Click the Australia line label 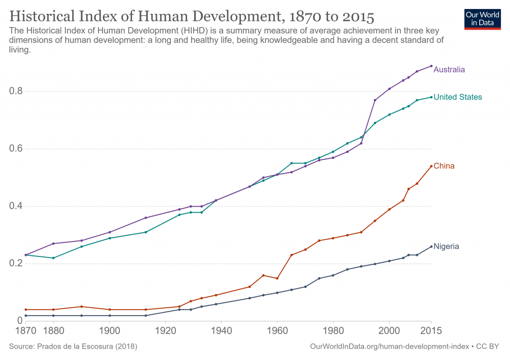click(449, 70)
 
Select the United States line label click(458, 97)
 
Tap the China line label click(444, 166)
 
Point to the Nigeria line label click(446, 246)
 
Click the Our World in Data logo click(482, 19)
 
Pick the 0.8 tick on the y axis click(16, 91)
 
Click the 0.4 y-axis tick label click(16, 206)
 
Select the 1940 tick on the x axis click(222, 331)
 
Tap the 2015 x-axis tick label click(431, 331)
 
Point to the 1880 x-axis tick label click(54, 331)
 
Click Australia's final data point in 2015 click(431, 66)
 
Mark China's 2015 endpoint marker click(431, 166)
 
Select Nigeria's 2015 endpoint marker click(431, 246)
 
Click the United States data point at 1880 click(53, 258)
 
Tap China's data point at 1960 click(277, 278)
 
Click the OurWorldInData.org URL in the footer click(389, 347)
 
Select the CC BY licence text click(487, 347)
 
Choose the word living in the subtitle click(19, 50)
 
